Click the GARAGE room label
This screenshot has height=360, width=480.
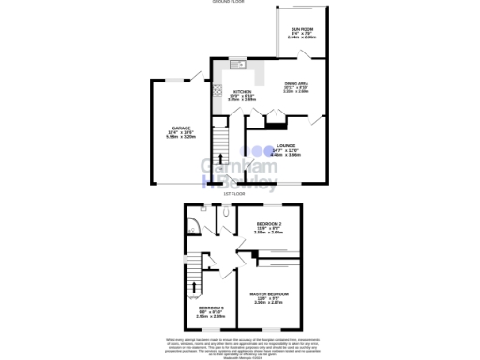(180, 127)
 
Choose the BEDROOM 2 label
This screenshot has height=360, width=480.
(269, 223)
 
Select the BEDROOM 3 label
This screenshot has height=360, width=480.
(210, 307)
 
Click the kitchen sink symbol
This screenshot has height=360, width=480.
(235, 65)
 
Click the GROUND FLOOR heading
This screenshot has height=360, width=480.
(240, 2)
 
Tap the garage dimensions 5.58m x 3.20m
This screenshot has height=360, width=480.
(180, 136)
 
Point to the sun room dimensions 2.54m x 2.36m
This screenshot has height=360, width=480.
(302, 38)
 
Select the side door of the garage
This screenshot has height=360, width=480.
(197, 74)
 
